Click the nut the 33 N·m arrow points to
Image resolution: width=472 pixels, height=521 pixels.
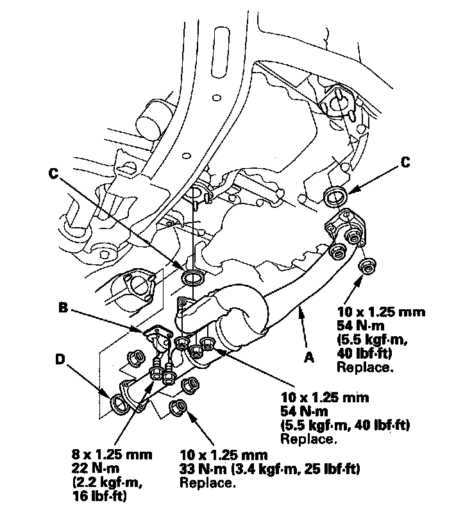click(179, 406)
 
